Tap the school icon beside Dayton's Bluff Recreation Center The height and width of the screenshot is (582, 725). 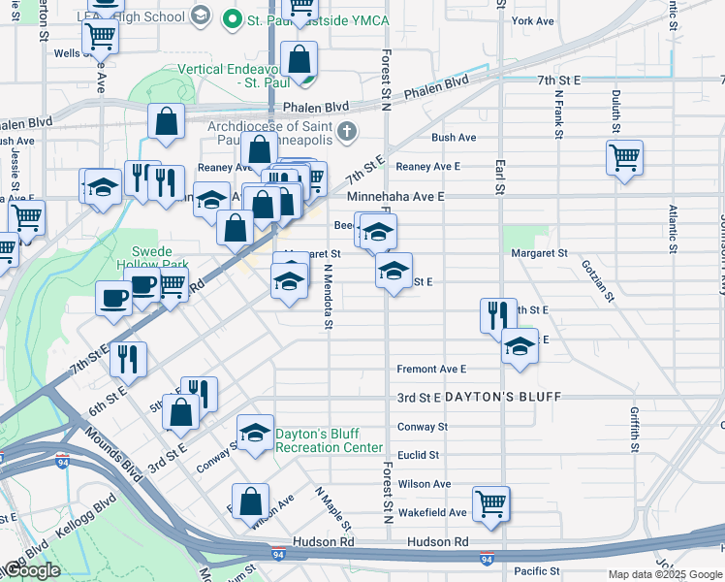point(254,433)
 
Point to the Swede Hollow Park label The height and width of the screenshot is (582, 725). point(149,256)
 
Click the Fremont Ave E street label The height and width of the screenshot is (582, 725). point(431,370)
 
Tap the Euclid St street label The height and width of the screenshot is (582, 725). point(419,455)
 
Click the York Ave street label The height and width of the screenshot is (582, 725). point(533,20)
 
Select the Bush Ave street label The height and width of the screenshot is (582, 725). point(454,138)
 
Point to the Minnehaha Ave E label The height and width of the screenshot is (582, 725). point(395,196)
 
